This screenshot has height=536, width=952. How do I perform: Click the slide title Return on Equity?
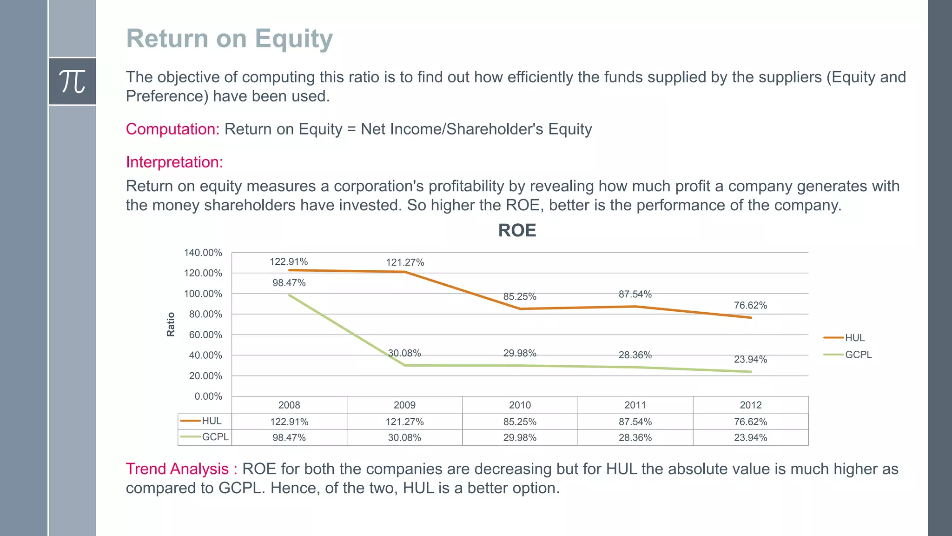pos(229,38)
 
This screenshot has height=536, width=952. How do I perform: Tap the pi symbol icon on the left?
pos(72,81)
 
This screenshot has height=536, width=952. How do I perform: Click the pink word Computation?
pos(172,129)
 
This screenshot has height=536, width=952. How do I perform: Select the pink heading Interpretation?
pos(174,162)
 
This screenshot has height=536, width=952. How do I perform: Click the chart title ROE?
pos(517,230)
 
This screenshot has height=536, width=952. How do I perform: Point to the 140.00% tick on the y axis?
pos(203,253)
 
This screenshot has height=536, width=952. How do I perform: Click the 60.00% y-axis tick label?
pos(205,335)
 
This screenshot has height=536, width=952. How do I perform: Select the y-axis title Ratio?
pos(171,324)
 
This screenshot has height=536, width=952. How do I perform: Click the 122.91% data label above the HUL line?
pos(289,261)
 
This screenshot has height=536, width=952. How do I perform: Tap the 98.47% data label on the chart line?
pos(289,283)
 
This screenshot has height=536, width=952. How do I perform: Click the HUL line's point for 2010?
pos(520,308)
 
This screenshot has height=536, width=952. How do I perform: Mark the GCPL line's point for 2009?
pos(404,365)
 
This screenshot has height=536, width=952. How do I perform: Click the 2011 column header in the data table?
pos(635,405)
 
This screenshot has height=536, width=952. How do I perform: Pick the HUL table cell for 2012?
pos(750,422)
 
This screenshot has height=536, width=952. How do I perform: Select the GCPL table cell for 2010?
pos(520,437)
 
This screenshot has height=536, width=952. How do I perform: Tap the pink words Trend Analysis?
pos(177,469)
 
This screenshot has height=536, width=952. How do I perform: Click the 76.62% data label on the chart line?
pos(750,305)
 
